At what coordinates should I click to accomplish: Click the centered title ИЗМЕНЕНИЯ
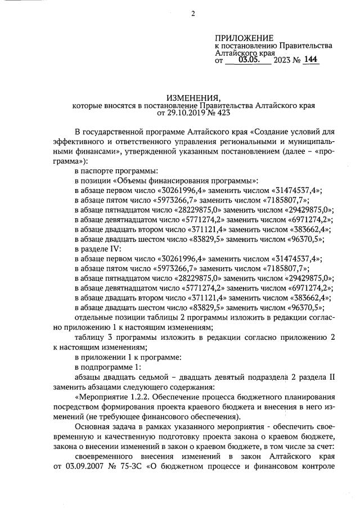(x=194, y=97)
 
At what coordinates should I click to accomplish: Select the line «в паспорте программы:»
(x=116, y=170)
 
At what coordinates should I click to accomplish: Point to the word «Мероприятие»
(x=102, y=397)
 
